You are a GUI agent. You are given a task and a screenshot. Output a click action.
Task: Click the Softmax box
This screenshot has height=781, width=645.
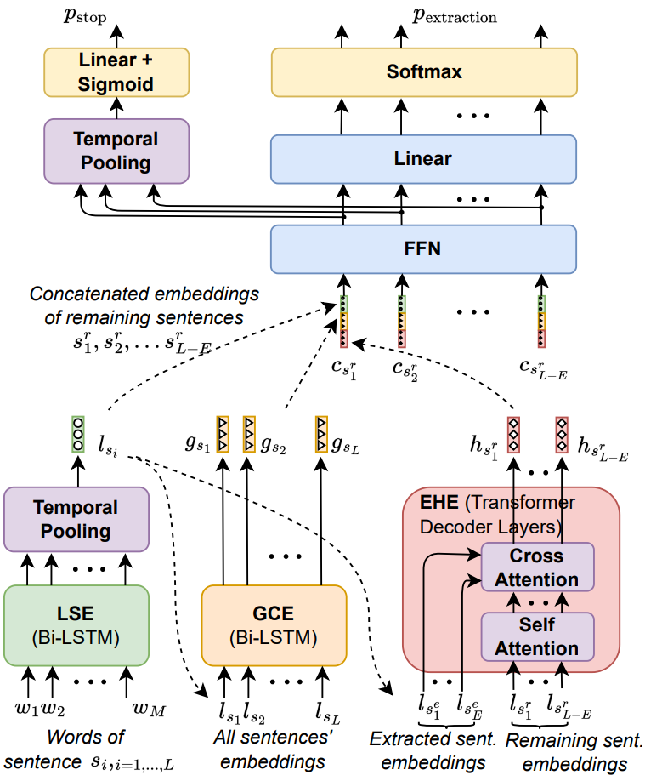coord(424,71)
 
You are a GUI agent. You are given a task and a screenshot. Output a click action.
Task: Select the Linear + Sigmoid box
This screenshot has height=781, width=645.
coord(116,71)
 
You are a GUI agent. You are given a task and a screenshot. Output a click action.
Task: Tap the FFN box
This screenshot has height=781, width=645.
coord(424,249)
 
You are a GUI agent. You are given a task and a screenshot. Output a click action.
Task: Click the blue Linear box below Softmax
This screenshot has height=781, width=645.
coord(424,158)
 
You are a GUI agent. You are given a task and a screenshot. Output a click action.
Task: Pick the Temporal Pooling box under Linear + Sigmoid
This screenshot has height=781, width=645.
coord(116,151)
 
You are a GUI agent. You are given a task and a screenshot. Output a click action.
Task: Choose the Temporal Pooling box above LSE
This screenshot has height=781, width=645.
coord(77,519)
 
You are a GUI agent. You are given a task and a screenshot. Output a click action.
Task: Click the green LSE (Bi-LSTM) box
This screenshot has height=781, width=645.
coord(77,624)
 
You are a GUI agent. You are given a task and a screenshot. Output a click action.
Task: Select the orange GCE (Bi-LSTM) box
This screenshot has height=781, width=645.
coord(274,624)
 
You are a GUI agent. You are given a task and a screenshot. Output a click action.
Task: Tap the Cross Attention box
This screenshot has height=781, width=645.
coord(536,567)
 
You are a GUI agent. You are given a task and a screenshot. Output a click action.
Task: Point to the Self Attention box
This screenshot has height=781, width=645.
coord(536,636)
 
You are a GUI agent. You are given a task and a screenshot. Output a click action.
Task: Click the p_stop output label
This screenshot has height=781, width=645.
coord(86,17)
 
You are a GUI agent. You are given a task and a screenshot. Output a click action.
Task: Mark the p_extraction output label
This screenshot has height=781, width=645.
coord(455,17)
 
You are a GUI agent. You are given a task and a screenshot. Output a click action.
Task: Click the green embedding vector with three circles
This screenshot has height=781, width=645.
coord(78,434)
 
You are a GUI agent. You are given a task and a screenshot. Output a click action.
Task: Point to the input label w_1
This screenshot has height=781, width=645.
coord(27,708)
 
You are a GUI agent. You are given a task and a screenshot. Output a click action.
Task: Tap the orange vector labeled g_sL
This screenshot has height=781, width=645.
coord(322,433)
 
